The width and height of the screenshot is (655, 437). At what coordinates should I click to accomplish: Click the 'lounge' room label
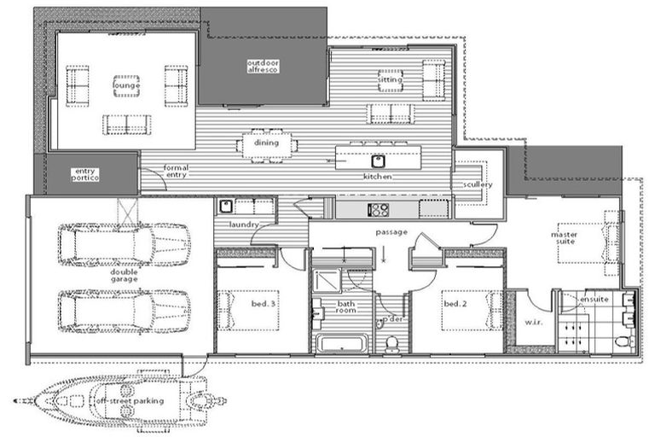(x=126, y=84)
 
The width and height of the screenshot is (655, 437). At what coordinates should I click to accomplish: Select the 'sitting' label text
(x=391, y=79)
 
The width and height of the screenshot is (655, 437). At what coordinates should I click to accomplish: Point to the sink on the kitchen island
(x=376, y=159)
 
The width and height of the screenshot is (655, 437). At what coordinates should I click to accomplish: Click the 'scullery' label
(x=478, y=184)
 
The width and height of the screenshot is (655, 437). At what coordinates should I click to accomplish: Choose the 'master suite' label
(x=564, y=236)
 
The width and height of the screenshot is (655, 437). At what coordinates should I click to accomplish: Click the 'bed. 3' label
(x=263, y=303)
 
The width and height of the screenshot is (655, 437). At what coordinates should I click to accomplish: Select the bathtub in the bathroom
(x=341, y=343)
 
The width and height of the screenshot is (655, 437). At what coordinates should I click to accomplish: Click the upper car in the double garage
(x=125, y=244)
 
